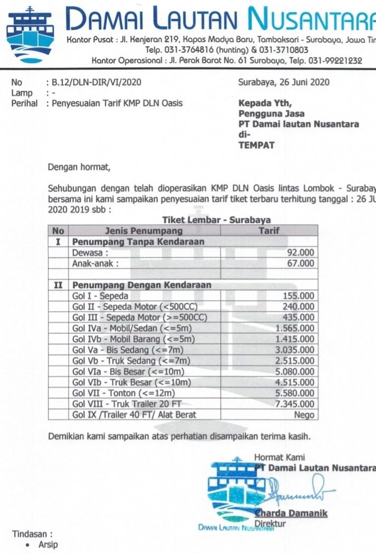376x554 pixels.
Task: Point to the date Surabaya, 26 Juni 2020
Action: [x=284, y=82]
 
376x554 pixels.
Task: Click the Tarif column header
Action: [x=268, y=231]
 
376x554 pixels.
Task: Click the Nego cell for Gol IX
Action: [x=304, y=415]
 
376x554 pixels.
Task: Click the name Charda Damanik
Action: [x=291, y=513]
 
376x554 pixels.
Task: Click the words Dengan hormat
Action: [x=80, y=168]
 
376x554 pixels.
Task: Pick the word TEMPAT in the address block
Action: [x=256, y=145]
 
